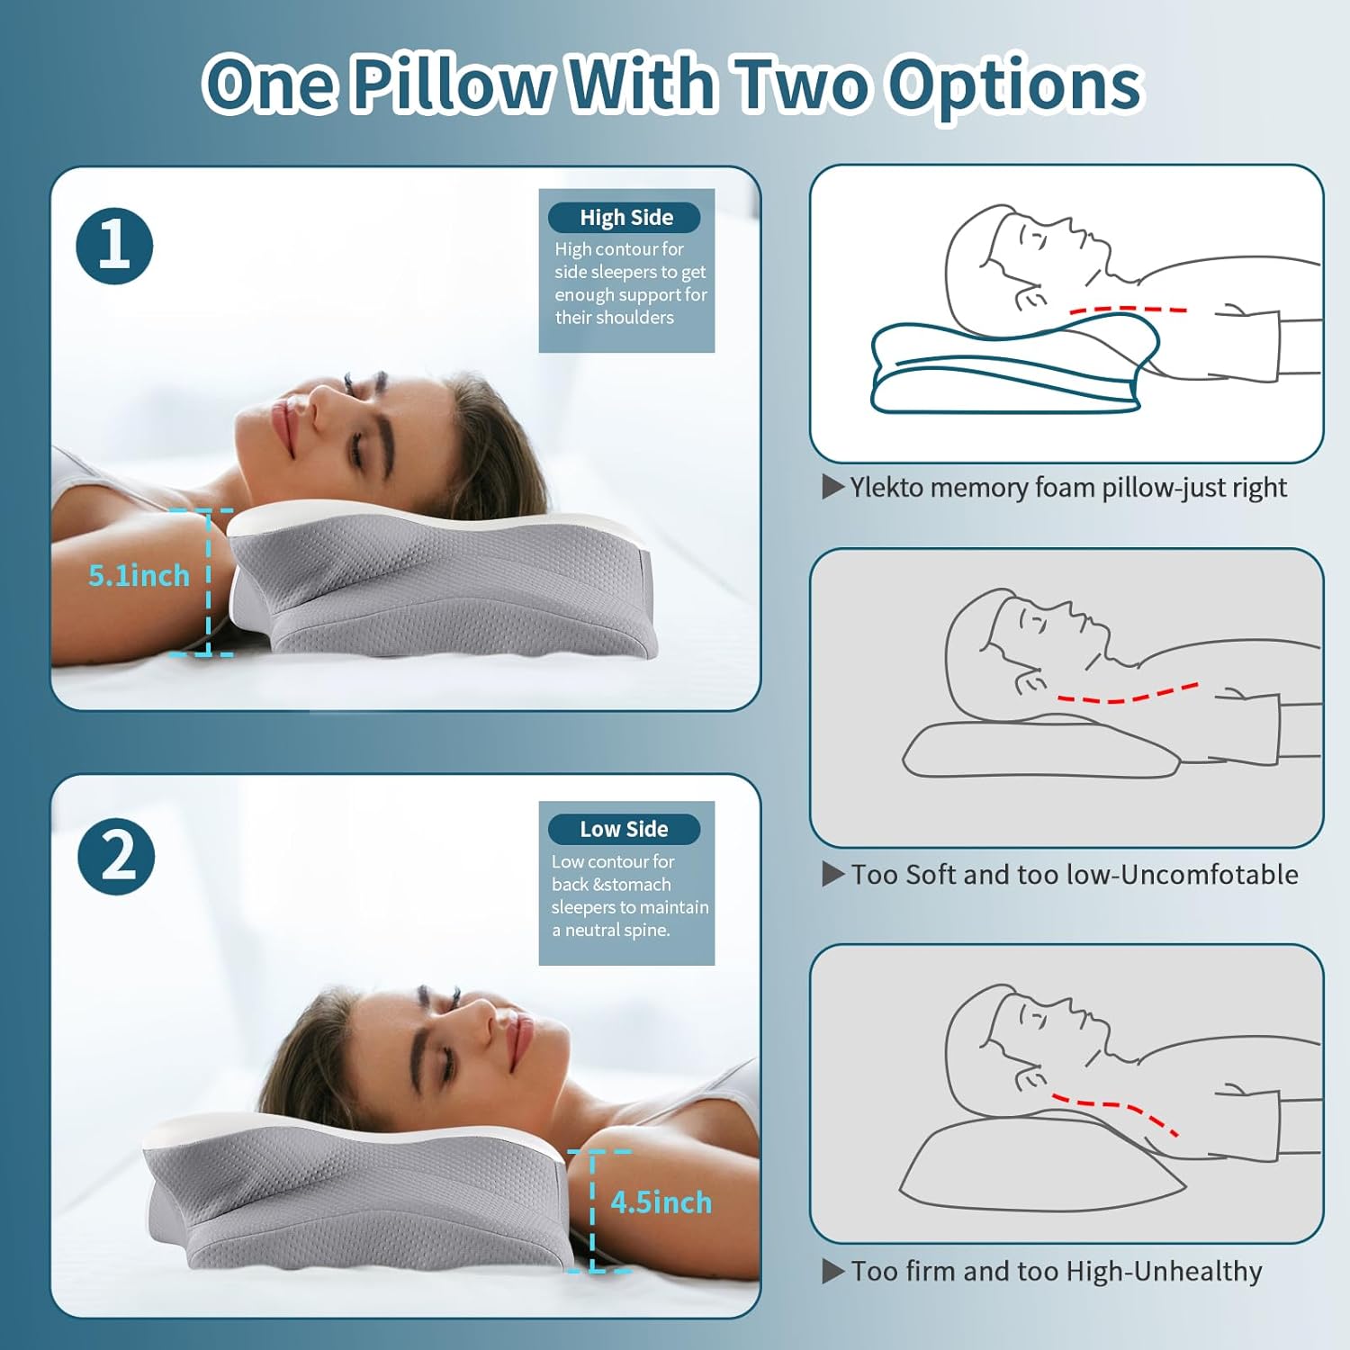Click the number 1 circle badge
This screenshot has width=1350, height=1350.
point(114,246)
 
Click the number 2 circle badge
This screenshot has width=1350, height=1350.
point(116,856)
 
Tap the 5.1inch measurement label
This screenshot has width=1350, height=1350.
point(139,576)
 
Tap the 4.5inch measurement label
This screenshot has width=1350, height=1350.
point(661,1202)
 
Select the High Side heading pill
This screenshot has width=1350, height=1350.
point(625,218)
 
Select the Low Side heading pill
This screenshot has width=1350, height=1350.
point(624,829)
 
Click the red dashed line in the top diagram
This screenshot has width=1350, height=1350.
point(1128,310)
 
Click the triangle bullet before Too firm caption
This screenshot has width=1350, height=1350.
point(832,1272)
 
